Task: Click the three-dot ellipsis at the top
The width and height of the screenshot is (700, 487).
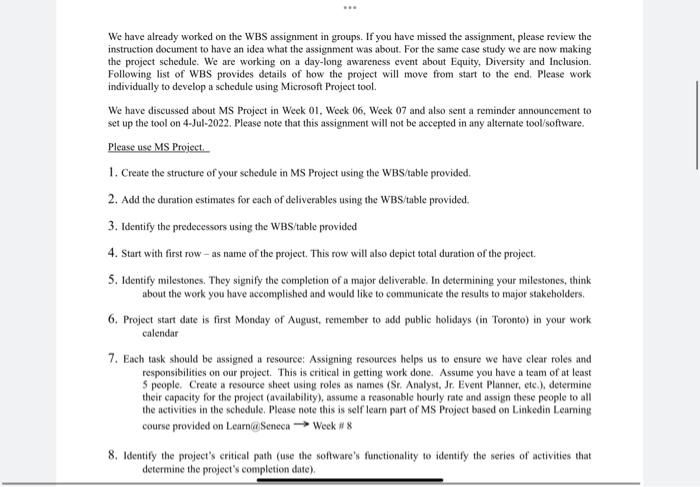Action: pyautogui.click(x=350, y=7)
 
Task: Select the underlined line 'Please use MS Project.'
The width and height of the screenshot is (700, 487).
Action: pyautogui.click(x=156, y=147)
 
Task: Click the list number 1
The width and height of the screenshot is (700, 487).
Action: pyautogui.click(x=111, y=172)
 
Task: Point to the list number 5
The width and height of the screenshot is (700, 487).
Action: pyautogui.click(x=111, y=280)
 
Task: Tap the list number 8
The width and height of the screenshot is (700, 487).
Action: pyautogui.click(x=111, y=454)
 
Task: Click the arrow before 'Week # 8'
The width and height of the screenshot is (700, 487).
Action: pyautogui.click(x=300, y=425)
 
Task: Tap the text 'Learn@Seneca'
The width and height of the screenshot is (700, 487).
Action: pyautogui.click(x=259, y=425)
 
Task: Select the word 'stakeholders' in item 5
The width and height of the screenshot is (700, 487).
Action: pyautogui.click(x=549, y=294)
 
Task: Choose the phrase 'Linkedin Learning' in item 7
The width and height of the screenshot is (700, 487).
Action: pyautogui.click(x=548, y=411)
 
